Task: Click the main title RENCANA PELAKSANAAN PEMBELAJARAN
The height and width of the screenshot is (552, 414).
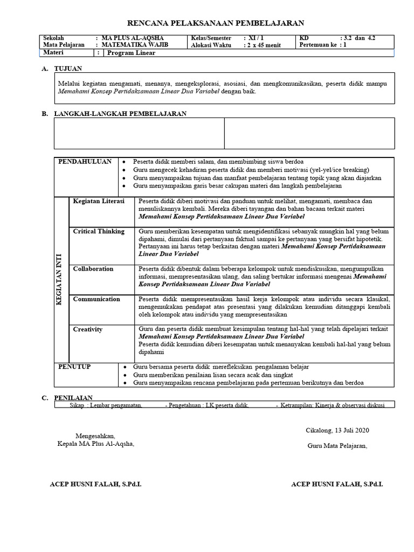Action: [x=215, y=23]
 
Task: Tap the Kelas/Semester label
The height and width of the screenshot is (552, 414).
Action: [x=211, y=38]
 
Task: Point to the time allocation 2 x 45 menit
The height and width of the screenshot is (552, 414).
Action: [x=265, y=45]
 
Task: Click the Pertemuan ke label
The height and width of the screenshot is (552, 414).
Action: [x=318, y=45]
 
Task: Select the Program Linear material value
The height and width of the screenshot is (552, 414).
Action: [x=131, y=53]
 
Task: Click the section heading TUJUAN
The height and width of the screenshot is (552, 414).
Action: [x=68, y=68]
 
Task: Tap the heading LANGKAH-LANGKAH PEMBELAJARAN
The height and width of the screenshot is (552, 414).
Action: [x=120, y=114]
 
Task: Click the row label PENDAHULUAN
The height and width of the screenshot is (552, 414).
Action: [x=85, y=161]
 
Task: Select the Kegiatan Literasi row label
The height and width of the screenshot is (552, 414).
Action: [x=99, y=201]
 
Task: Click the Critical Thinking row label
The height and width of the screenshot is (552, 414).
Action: [x=99, y=231]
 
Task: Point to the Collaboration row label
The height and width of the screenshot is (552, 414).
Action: [x=93, y=268]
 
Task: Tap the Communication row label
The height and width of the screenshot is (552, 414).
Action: [x=96, y=299]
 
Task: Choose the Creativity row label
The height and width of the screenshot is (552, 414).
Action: [x=88, y=329]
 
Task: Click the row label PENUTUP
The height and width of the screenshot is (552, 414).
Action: [x=74, y=367]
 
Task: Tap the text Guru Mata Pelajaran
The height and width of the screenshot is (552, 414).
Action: [x=337, y=445]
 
